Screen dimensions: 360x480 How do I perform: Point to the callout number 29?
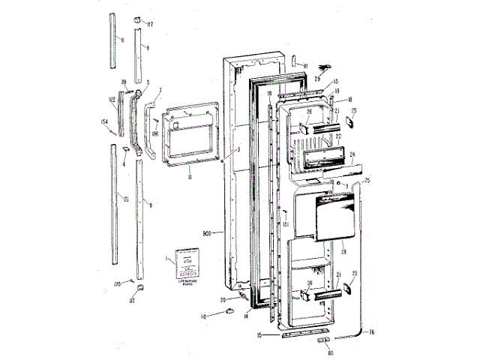coord(317,78)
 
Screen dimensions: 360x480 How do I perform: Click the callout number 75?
coord(367,181)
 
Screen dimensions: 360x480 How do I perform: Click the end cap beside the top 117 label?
coord(139,19)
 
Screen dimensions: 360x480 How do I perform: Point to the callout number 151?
coord(286,223)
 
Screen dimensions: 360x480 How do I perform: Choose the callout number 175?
coord(117,284)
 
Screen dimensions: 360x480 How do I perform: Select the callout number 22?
coord(338,136)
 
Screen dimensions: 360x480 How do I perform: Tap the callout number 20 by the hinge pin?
coord(223,300)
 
